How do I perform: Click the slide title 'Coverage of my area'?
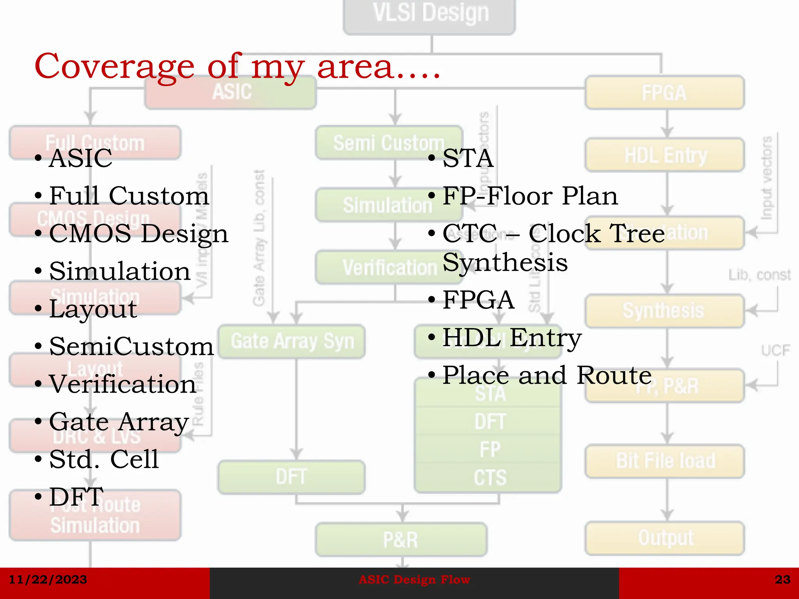(237, 66)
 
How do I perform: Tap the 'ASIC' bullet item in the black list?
(80, 158)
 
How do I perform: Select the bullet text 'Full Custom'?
(129, 196)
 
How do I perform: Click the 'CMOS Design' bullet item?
(138, 234)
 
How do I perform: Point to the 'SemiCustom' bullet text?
(131, 346)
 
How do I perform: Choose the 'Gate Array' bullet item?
(119, 422)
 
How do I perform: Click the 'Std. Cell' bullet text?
(104, 459)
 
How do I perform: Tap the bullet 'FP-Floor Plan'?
(530, 196)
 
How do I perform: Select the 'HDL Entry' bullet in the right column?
(511, 338)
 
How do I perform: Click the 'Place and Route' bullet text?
(547, 375)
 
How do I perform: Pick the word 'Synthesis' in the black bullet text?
(505, 262)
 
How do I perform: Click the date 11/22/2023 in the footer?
(48, 580)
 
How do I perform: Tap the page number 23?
(782, 580)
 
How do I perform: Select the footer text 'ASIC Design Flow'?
(414, 580)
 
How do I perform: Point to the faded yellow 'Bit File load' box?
(665, 461)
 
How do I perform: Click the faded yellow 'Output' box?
(665, 538)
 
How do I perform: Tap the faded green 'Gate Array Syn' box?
(292, 342)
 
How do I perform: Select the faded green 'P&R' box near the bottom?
(401, 540)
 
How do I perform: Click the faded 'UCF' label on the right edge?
(775, 350)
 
